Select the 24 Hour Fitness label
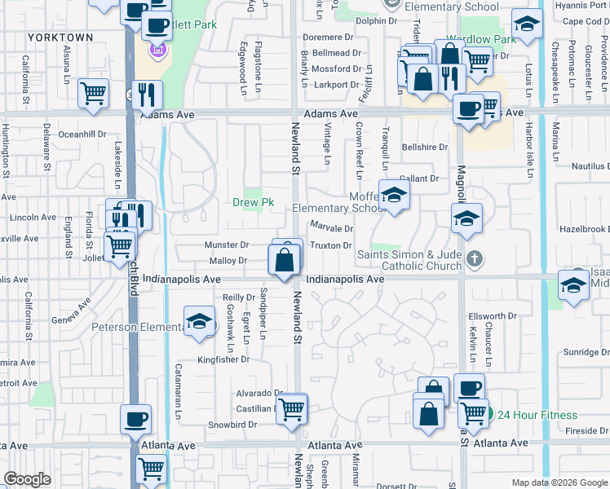click(537, 415)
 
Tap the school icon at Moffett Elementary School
click(394, 195)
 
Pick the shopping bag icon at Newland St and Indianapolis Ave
click(285, 262)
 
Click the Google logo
click(27, 479)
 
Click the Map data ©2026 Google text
click(559, 482)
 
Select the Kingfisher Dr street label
click(223, 359)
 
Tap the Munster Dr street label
click(227, 244)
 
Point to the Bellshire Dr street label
click(425, 148)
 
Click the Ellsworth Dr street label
click(493, 316)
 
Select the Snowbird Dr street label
click(232, 425)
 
